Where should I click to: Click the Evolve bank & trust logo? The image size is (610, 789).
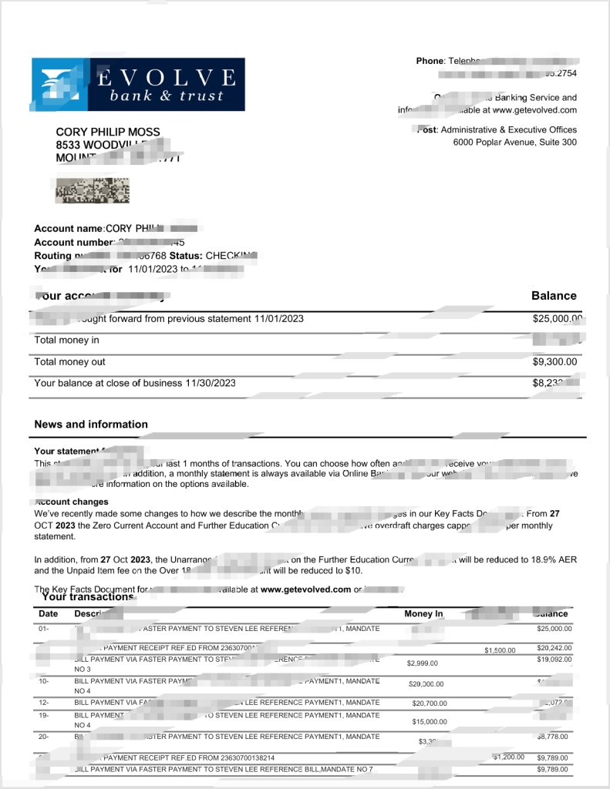pos(137,85)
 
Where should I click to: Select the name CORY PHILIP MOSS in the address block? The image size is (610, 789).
pos(108,132)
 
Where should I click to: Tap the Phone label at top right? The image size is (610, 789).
pos(430,61)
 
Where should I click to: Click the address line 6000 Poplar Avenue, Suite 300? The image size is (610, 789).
pos(514,143)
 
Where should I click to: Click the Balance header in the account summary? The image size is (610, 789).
pos(553,296)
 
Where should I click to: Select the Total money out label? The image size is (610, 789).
pos(70,362)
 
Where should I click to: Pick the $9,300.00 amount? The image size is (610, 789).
pos(554,362)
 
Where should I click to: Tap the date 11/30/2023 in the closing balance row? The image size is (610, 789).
pos(211,383)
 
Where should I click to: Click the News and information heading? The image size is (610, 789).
pos(91,425)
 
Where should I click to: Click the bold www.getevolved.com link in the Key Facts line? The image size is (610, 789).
pos(305,589)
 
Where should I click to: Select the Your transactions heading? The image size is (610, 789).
pos(88,596)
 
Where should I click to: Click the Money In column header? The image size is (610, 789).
pos(423,614)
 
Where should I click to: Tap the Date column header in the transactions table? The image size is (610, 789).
pos(48,614)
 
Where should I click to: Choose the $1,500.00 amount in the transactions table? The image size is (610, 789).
pos(500,650)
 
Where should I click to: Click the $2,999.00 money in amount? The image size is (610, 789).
pos(422,663)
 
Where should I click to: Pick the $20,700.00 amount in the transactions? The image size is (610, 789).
pos(430,703)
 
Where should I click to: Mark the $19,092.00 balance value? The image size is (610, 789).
pos(554,660)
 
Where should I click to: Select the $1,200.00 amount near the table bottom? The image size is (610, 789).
pos(509,757)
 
